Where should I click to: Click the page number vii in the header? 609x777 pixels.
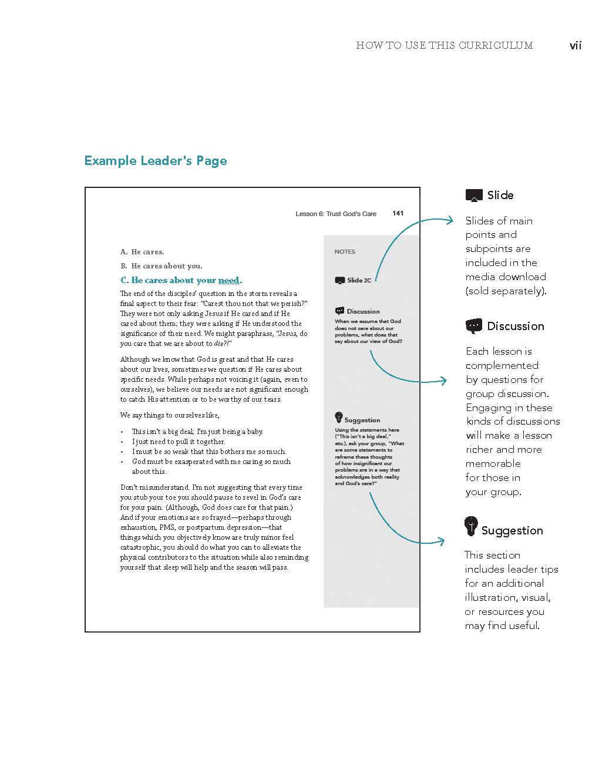(575, 45)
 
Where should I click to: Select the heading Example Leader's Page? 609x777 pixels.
(156, 161)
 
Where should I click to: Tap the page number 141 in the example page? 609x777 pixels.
(398, 213)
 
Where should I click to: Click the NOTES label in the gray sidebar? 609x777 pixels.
(345, 251)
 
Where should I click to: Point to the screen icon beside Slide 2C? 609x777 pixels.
(339, 281)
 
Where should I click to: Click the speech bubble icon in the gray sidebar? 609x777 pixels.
(339, 311)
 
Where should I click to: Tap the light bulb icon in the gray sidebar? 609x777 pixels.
(338, 418)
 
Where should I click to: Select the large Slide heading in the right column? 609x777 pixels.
(500, 195)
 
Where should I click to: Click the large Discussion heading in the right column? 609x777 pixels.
(515, 326)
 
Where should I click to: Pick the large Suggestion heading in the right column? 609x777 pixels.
(512, 530)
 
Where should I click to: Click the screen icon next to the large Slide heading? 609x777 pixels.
(474, 196)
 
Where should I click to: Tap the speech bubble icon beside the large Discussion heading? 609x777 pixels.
(473, 326)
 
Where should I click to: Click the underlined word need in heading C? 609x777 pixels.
(228, 280)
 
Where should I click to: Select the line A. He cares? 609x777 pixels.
(142, 252)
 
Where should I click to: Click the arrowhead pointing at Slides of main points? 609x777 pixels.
(451, 220)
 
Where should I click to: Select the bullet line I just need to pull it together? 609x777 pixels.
(179, 442)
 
